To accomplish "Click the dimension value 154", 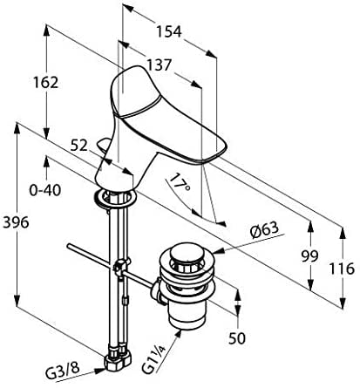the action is pyautogui.click(x=169, y=31).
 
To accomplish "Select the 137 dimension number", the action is pyautogui.click(x=159, y=65).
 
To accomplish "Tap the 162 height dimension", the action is pyautogui.click(x=45, y=83).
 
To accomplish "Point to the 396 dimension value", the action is pyautogui.click(x=16, y=222).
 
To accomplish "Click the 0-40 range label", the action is pyautogui.click(x=45, y=190).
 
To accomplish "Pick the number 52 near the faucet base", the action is pyautogui.click(x=78, y=146).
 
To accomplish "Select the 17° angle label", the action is pyautogui.click(x=180, y=183).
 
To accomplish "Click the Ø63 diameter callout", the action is pyautogui.click(x=264, y=231).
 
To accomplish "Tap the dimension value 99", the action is pyautogui.click(x=309, y=256).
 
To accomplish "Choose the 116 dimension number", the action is pyautogui.click(x=342, y=269).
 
